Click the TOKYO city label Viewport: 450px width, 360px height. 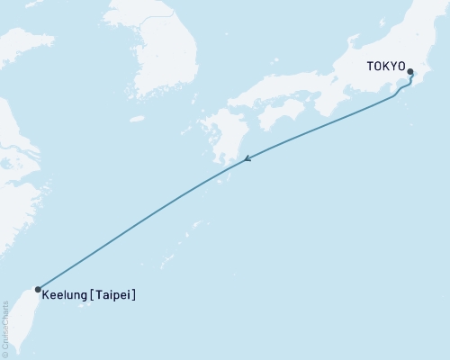pos(384,67)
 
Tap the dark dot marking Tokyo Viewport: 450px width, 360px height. pos(410,72)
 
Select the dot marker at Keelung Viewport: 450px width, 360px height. pos(37,290)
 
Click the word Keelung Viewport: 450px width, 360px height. pos(68,294)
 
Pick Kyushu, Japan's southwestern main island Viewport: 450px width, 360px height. pos(220,139)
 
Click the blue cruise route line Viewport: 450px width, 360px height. pos(135,225)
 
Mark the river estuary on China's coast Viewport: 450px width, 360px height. pos(13,144)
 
